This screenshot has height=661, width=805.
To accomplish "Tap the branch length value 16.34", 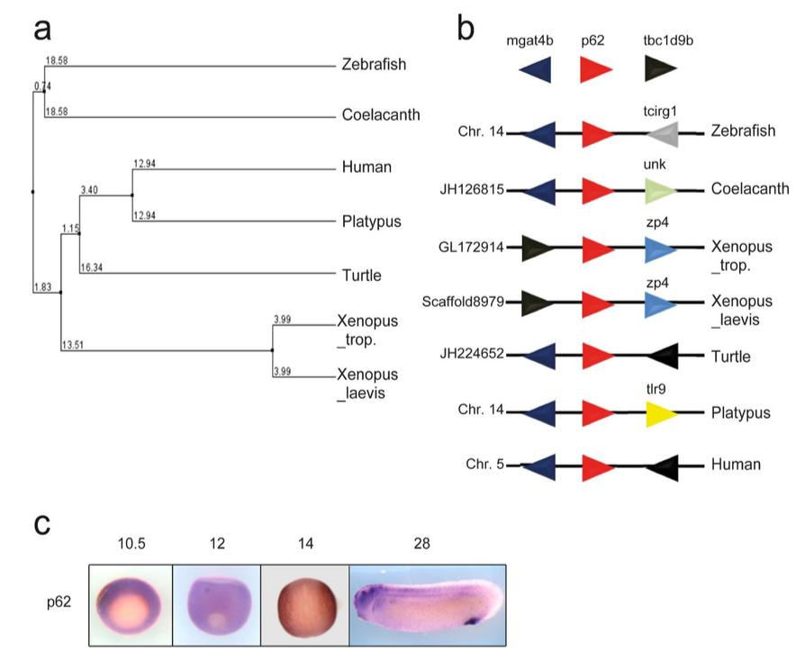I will pos(91,267).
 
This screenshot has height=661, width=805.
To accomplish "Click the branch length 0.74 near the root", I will pos(42,86).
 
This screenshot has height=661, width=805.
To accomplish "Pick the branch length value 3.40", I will pos(89,190).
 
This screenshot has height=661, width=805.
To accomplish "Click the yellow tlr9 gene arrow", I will pos(661,414).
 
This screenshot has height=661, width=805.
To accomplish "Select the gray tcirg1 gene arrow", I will pos(661,135).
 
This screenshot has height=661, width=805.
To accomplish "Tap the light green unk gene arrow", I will pos(661,190).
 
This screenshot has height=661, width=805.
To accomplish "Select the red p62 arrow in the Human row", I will pos(595,466).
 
